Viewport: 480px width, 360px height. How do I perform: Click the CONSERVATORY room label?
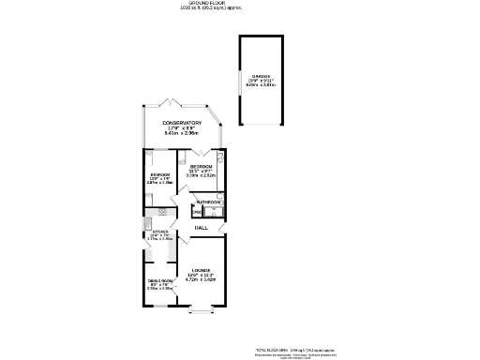pyautogui.click(x=182, y=124)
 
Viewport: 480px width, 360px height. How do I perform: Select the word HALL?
pyautogui.click(x=201, y=228)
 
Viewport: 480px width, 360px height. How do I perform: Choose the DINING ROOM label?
pyautogui.click(x=159, y=281)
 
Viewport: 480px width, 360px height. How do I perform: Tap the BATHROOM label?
pyautogui.click(x=208, y=202)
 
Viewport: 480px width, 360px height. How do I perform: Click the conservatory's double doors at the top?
pyautogui.click(x=170, y=100)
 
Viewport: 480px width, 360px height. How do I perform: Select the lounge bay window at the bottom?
pyautogui.click(x=202, y=308)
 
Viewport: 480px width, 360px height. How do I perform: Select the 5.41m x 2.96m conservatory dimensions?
pyautogui.click(x=182, y=134)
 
